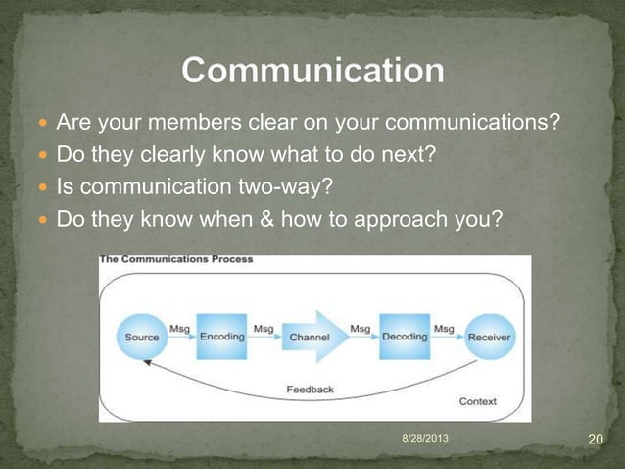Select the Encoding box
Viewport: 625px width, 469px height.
point(221,337)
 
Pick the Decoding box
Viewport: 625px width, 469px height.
point(404,337)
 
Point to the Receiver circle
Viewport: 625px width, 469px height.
point(488,337)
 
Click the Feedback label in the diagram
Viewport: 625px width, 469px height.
point(310,390)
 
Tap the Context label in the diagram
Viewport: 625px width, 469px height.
point(477,401)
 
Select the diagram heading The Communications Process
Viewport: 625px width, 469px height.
point(176,260)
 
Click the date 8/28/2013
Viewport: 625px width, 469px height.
point(427,435)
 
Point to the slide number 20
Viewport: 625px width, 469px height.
point(594,438)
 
